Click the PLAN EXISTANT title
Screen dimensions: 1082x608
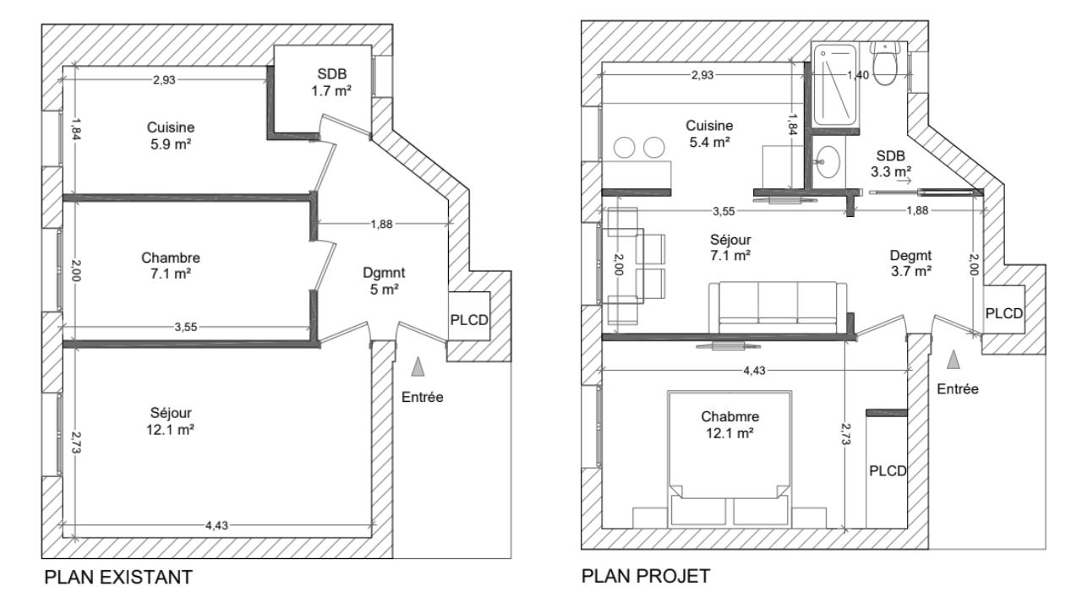118,577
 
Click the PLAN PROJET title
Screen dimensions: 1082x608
646,576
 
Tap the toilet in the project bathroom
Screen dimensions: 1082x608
885,63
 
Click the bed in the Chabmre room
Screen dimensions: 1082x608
730,459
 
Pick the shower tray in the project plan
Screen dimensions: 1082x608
834,85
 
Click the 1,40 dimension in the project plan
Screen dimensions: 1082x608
858,75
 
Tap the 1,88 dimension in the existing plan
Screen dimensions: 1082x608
381,224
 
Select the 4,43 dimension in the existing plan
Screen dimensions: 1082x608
216,525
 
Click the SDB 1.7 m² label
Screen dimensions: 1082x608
331,82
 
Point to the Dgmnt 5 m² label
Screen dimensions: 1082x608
384,281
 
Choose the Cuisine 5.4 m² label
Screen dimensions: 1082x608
709,133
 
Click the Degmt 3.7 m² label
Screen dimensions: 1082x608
911,263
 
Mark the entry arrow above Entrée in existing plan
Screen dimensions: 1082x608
418,366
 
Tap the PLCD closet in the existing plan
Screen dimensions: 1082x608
469,316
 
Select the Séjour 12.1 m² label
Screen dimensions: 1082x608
171,421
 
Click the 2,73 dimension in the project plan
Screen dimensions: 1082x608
845,434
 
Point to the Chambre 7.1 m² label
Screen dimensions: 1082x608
171,265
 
